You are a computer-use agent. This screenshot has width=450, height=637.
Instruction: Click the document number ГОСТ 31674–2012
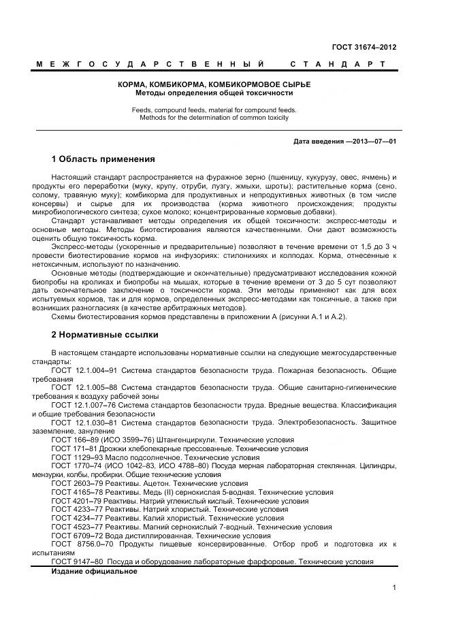364,47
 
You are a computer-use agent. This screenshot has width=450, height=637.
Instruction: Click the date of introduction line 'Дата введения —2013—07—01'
344,142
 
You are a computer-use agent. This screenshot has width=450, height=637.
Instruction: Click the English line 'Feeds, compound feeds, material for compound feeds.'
214,110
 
